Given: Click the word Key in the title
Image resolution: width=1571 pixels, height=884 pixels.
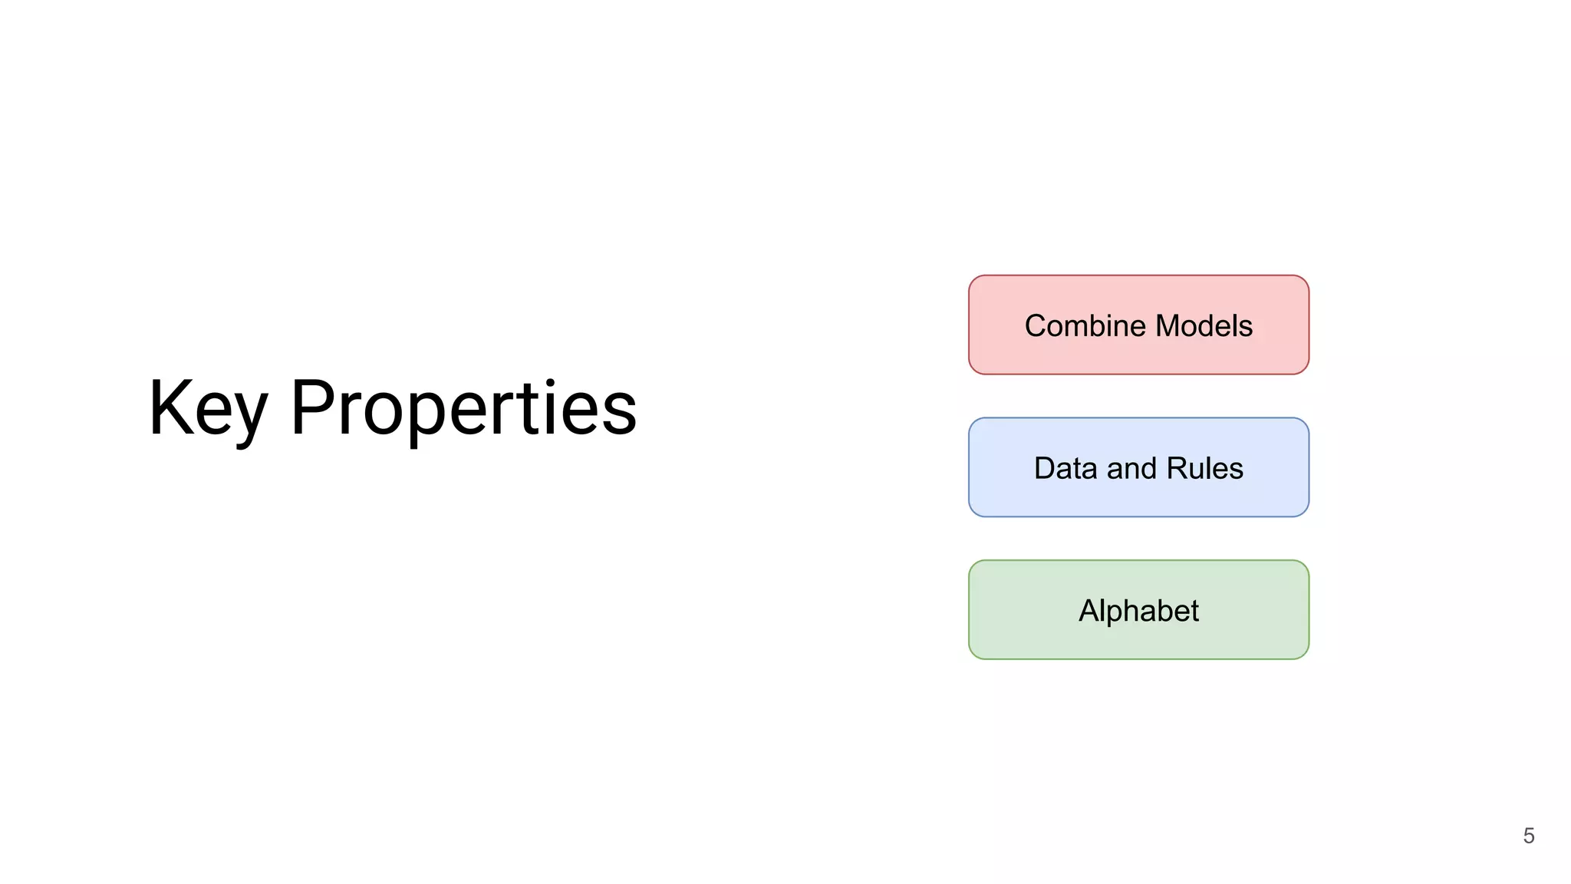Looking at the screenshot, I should [208, 408].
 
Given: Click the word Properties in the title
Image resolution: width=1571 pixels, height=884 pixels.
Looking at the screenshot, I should [463, 408].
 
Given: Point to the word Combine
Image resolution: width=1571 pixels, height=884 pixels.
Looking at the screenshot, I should [1085, 326].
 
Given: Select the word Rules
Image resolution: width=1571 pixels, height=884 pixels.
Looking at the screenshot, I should [1204, 468].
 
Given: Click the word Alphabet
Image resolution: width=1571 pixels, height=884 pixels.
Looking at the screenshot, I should [1138, 611].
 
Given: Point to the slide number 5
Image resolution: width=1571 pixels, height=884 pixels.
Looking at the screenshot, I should [1529, 836].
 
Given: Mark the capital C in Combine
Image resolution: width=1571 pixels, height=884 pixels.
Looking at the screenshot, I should [1036, 326].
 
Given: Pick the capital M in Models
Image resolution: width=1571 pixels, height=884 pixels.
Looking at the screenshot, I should [1169, 326].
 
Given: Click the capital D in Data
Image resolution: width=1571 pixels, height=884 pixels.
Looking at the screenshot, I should [1046, 468].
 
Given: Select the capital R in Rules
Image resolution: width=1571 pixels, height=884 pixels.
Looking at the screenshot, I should [1177, 468].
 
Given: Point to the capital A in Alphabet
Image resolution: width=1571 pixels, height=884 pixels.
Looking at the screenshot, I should [1089, 611].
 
